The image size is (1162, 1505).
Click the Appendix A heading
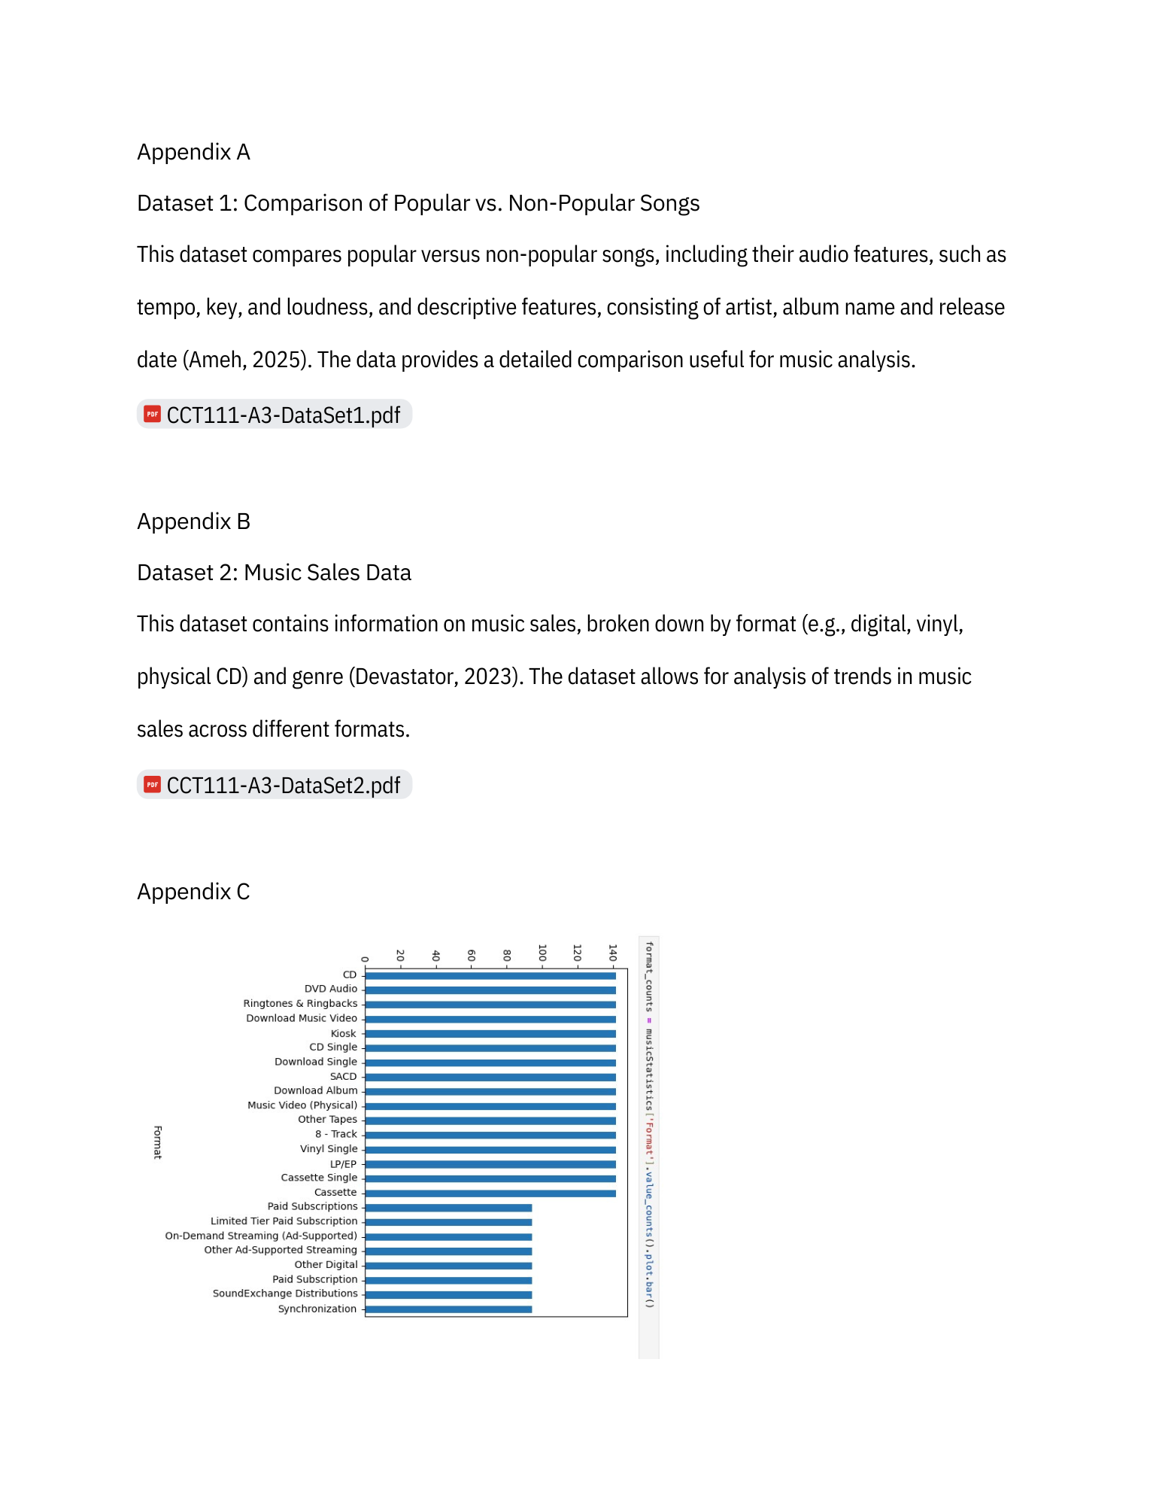[x=193, y=152]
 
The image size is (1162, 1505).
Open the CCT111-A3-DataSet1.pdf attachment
[x=283, y=415]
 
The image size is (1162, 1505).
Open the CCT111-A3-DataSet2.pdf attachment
[x=283, y=785]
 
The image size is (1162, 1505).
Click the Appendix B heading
[x=193, y=521]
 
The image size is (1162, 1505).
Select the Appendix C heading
[x=193, y=892]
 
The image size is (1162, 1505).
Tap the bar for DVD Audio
[x=490, y=990]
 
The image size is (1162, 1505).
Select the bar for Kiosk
[x=490, y=1034]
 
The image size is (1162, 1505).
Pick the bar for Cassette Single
[x=490, y=1178]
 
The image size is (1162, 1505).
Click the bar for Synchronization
[x=448, y=1309]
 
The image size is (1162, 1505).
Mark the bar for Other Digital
[x=448, y=1266]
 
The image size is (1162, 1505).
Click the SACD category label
[x=343, y=1077]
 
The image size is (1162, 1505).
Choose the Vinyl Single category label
[x=329, y=1149]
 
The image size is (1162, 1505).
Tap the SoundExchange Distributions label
[x=285, y=1294]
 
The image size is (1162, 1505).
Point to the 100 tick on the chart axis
[x=542, y=953]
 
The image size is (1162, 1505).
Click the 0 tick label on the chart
[x=365, y=959]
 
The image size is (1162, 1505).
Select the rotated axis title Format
[x=158, y=1142]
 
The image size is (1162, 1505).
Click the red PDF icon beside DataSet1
[x=153, y=414]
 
